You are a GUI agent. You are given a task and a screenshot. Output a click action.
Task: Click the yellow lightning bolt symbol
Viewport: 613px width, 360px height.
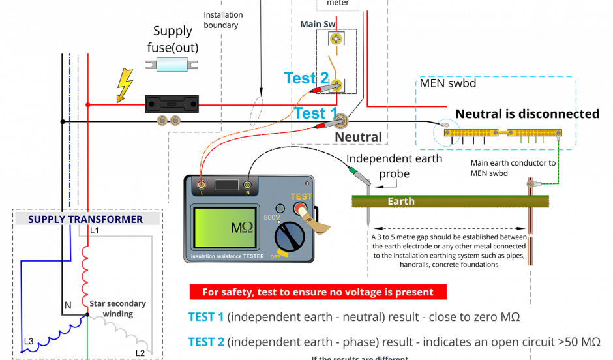point(124,85)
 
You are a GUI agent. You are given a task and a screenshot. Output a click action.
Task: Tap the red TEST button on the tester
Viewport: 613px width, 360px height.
point(300,209)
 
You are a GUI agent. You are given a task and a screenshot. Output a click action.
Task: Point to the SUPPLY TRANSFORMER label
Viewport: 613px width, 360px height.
point(85,219)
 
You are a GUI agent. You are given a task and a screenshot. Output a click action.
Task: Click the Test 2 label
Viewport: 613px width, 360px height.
point(306,79)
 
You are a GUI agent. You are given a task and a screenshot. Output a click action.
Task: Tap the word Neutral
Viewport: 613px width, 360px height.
point(358,137)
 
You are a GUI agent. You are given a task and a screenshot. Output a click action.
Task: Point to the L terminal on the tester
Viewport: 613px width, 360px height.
point(202,185)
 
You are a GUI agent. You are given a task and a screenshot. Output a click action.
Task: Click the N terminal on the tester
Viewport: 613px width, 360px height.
point(247,185)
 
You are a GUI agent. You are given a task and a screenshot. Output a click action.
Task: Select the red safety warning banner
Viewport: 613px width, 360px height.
point(318,292)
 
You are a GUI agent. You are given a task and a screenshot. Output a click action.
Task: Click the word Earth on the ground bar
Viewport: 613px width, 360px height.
point(400,202)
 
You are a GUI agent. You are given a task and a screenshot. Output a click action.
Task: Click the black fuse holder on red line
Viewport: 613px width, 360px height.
point(172,104)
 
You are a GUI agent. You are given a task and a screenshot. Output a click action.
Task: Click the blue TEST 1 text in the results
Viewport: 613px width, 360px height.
point(205,318)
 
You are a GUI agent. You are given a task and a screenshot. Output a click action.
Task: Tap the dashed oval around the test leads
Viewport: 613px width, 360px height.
point(257,110)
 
